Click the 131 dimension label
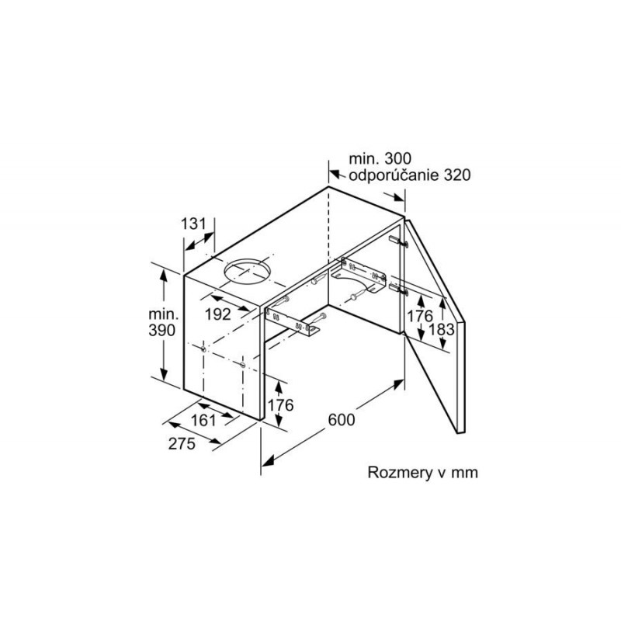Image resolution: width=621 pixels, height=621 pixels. pyautogui.click(x=193, y=224)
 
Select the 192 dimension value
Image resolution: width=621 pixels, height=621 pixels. pyautogui.click(x=218, y=314)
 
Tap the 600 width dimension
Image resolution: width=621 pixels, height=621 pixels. pyautogui.click(x=342, y=420)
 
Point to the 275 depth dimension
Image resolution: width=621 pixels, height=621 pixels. pyautogui.click(x=182, y=443)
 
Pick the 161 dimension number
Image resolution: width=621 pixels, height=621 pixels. pyautogui.click(x=203, y=421)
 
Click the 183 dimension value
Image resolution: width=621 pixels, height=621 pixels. pyautogui.click(x=442, y=329)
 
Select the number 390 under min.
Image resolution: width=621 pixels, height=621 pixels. pyautogui.click(x=161, y=330)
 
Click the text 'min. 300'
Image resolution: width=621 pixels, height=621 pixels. pyautogui.click(x=380, y=158)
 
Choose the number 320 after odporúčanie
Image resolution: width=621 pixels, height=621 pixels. pyautogui.click(x=457, y=175)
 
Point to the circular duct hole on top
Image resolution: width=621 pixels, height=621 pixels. pyautogui.click(x=247, y=272)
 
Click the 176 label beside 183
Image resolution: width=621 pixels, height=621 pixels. pyautogui.click(x=420, y=316)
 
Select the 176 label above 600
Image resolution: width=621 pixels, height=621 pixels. pyautogui.click(x=281, y=405)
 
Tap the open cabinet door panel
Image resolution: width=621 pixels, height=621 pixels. pyautogui.click(x=435, y=325)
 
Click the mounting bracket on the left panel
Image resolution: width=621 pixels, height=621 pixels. pyautogui.click(x=293, y=321)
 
